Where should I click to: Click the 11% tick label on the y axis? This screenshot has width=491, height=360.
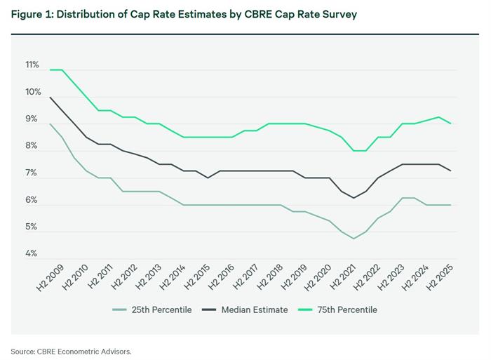point(32,65)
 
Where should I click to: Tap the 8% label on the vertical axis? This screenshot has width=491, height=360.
point(32,146)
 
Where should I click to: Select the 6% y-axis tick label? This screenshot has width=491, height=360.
point(32,200)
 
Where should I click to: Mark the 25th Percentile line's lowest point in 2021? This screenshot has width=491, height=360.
point(354,239)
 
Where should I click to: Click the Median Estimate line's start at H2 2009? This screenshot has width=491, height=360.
point(49,97)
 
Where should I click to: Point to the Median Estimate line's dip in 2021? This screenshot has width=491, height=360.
point(354,198)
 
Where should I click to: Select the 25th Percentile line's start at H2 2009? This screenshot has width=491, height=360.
point(49,124)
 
